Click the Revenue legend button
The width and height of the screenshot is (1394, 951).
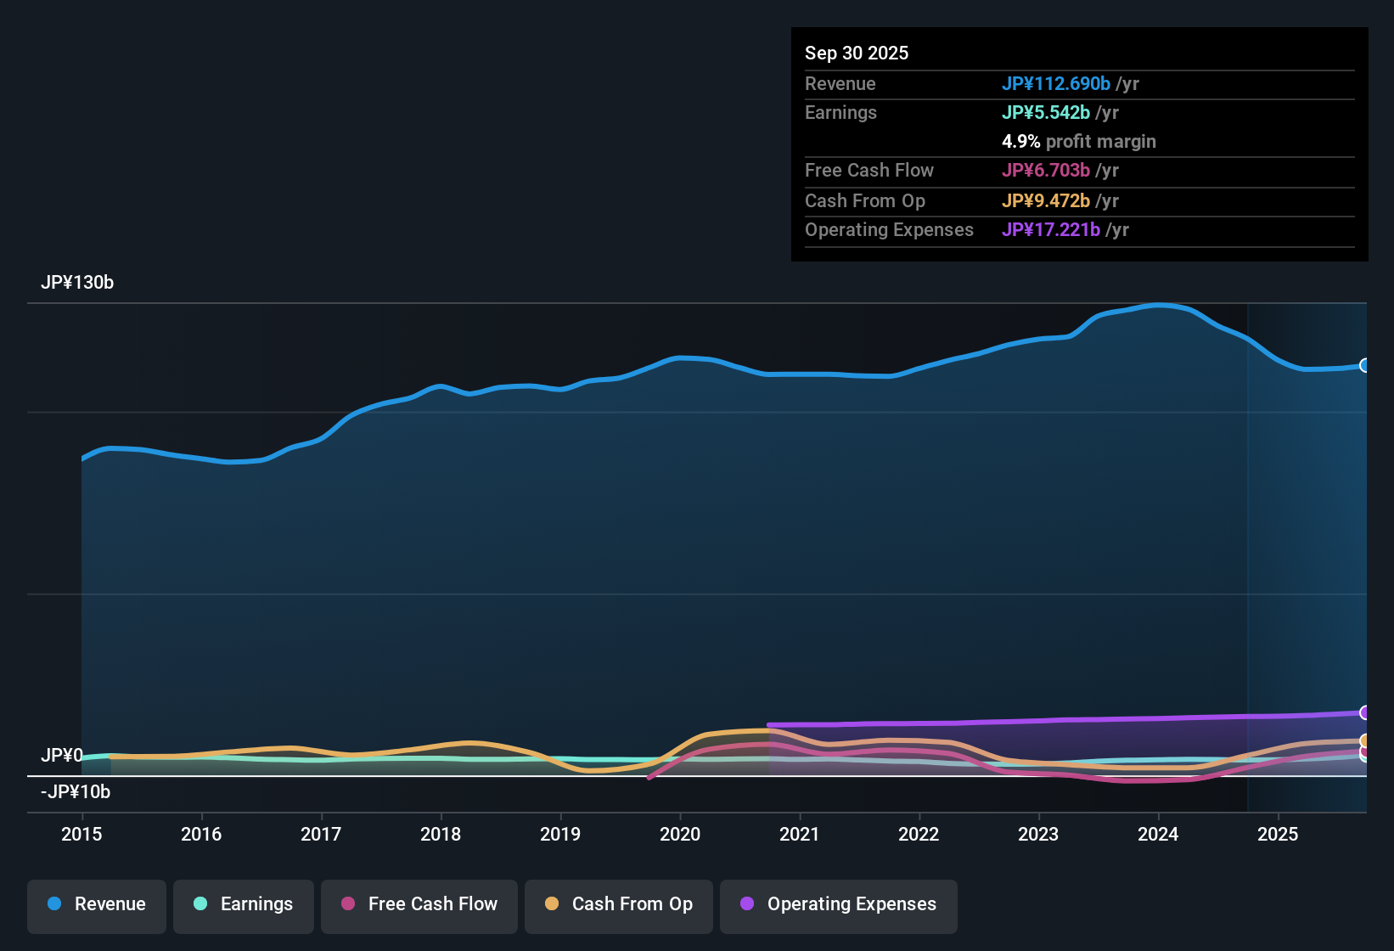(97, 904)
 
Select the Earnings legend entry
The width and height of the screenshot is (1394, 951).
(244, 904)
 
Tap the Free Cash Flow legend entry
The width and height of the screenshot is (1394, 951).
(419, 904)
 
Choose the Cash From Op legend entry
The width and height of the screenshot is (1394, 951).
(619, 904)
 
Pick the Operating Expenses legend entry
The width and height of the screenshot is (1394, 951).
(839, 904)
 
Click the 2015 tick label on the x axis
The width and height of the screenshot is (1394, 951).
(82, 834)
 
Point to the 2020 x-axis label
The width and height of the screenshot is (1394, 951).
(680, 834)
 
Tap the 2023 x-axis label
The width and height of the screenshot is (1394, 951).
(1038, 834)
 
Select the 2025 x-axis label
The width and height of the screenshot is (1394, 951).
(1278, 834)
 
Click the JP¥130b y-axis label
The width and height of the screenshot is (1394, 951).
(77, 283)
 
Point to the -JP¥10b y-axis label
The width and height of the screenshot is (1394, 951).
(76, 792)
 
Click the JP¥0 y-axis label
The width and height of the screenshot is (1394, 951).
(62, 755)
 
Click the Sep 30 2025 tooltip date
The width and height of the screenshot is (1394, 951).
(857, 53)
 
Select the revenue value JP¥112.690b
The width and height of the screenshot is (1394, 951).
(1056, 83)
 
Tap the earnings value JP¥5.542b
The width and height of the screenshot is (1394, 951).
(1046, 112)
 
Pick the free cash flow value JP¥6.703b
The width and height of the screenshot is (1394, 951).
(1046, 170)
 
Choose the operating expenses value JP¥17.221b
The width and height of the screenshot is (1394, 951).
(1051, 229)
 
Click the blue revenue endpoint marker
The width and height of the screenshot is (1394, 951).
(1364, 365)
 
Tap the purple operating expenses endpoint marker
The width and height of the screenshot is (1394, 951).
(1364, 712)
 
